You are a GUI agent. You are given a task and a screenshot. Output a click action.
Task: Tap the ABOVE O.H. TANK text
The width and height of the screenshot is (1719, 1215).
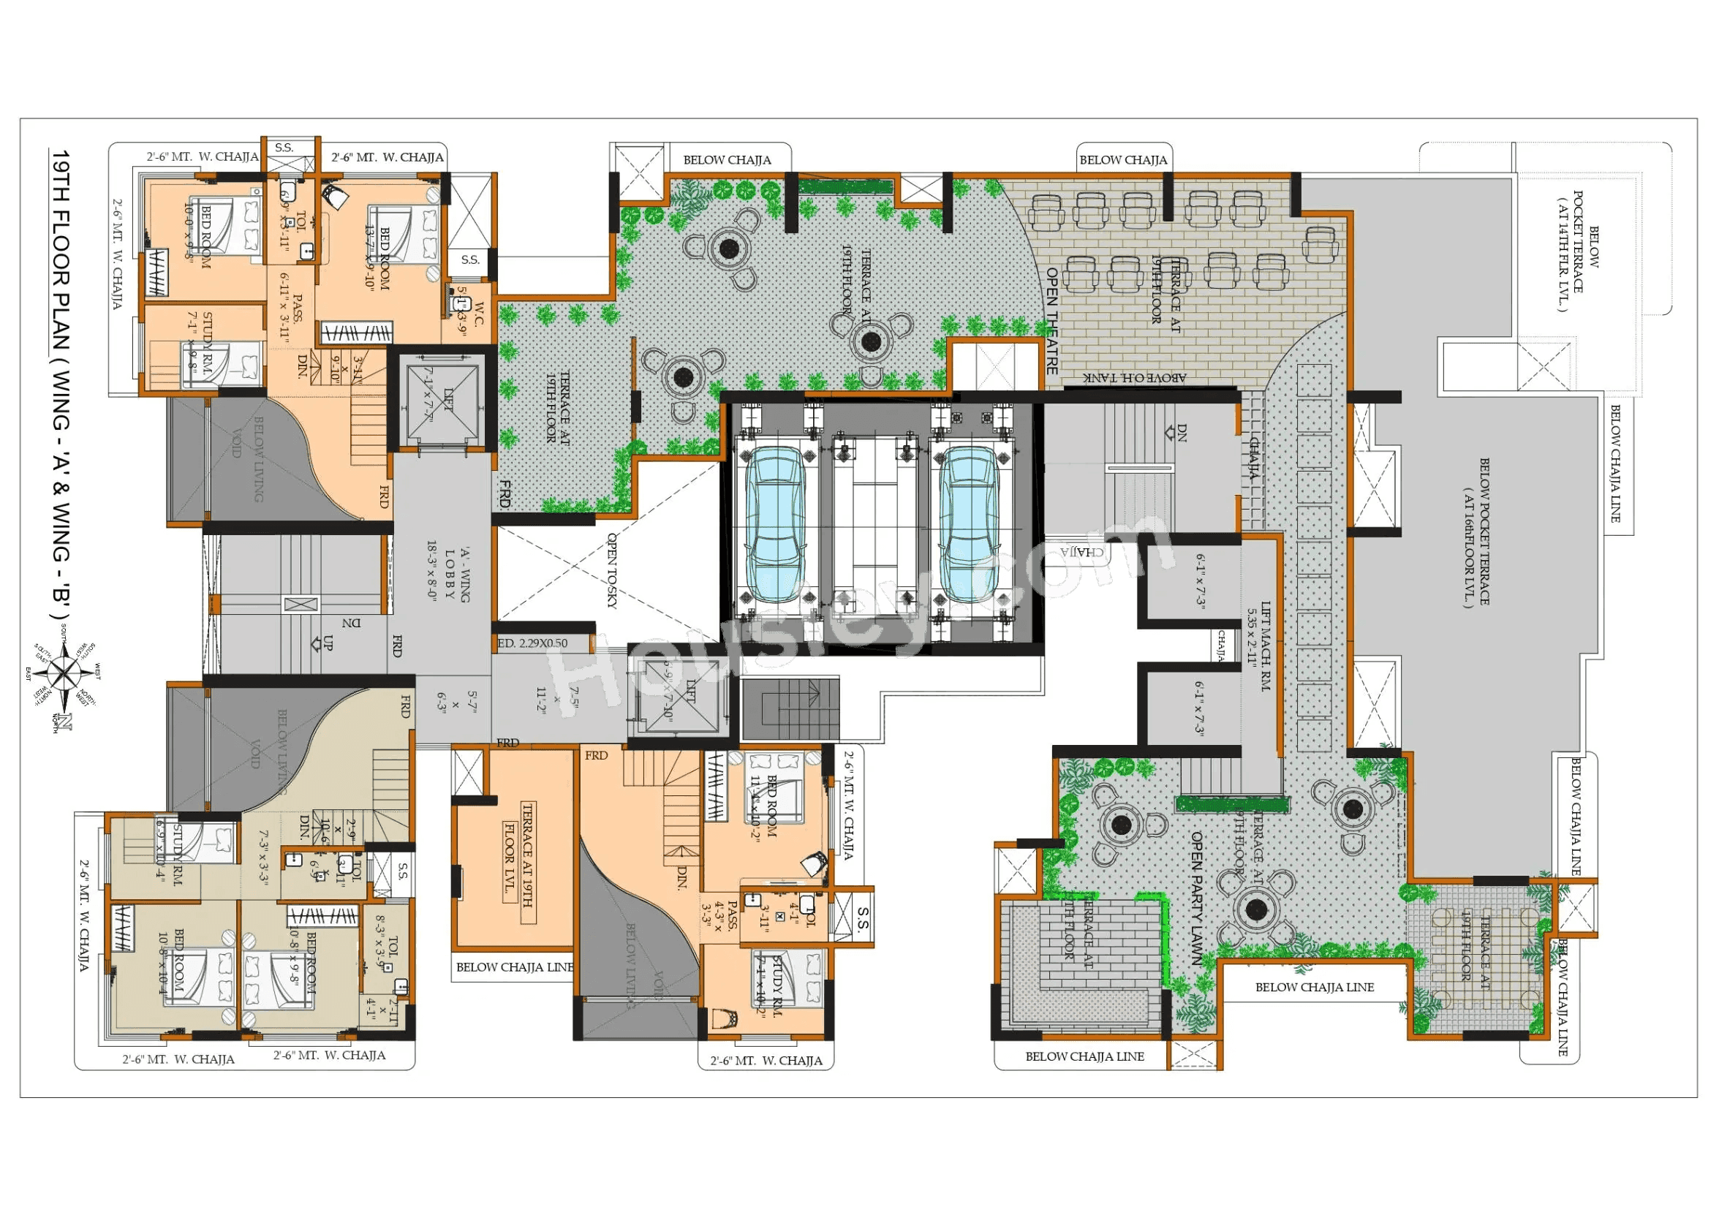(x=1136, y=378)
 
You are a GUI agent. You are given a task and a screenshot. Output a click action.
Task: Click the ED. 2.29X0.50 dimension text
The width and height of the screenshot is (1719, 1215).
(x=532, y=643)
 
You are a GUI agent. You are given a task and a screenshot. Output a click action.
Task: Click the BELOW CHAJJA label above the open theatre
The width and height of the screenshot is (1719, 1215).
(x=1122, y=160)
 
